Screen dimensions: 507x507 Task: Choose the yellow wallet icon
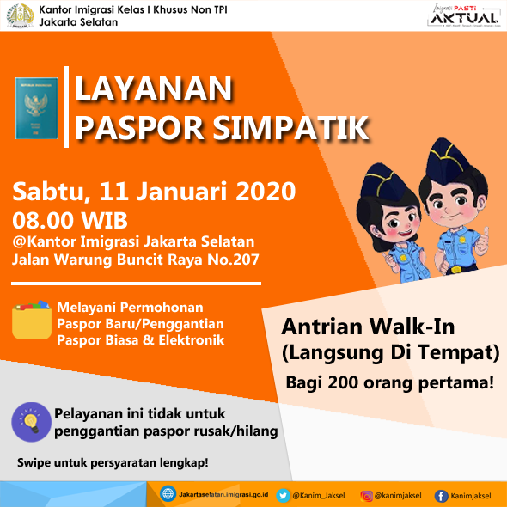click(x=32, y=322)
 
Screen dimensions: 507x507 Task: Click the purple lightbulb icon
click(x=29, y=421)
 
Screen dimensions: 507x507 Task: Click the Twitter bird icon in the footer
click(x=283, y=495)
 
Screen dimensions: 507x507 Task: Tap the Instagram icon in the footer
click(x=367, y=495)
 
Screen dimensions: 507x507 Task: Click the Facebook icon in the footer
click(x=442, y=495)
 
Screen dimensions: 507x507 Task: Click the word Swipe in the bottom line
click(x=34, y=463)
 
